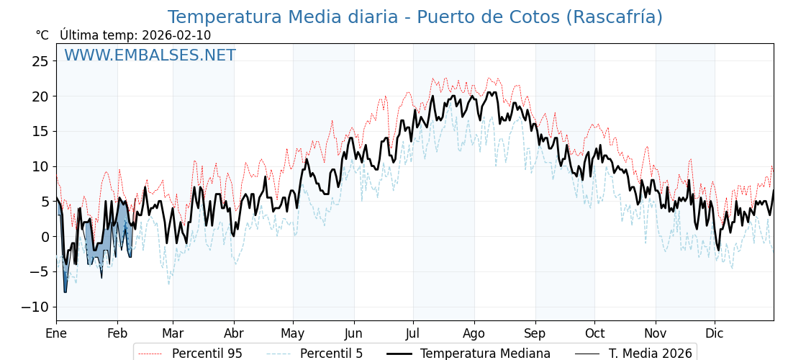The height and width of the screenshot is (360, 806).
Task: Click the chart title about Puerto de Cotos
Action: pyautogui.click(x=415, y=17)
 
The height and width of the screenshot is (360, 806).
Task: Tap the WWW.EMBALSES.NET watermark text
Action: pyautogui.click(x=150, y=55)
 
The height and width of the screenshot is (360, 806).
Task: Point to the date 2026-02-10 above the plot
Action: pyautogui.click(x=176, y=35)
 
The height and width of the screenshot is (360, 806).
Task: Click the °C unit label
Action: pyautogui.click(x=42, y=35)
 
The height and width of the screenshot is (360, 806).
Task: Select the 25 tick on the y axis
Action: pyautogui.click(x=40, y=61)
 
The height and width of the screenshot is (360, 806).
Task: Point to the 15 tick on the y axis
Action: pyautogui.click(x=40, y=131)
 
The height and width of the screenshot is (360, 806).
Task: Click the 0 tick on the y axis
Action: pyautogui.click(x=45, y=237)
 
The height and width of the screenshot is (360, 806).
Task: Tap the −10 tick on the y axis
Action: pyautogui.click(x=35, y=307)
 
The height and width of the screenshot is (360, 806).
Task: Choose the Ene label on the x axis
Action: pyautogui.click(x=56, y=333)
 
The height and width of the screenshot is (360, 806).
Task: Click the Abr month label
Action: pyautogui.click(x=234, y=333)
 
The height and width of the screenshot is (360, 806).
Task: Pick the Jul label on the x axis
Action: pyautogui.click(x=413, y=333)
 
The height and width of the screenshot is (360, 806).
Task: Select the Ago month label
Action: pyautogui.click(x=474, y=333)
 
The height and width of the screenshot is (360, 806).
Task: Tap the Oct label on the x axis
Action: pyautogui.click(x=594, y=333)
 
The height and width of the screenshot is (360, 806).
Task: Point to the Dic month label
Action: pyautogui.click(x=715, y=333)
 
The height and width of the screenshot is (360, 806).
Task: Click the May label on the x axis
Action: pyautogui.click(x=293, y=333)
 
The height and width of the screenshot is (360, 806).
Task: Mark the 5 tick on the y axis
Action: pyautogui.click(x=45, y=202)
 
